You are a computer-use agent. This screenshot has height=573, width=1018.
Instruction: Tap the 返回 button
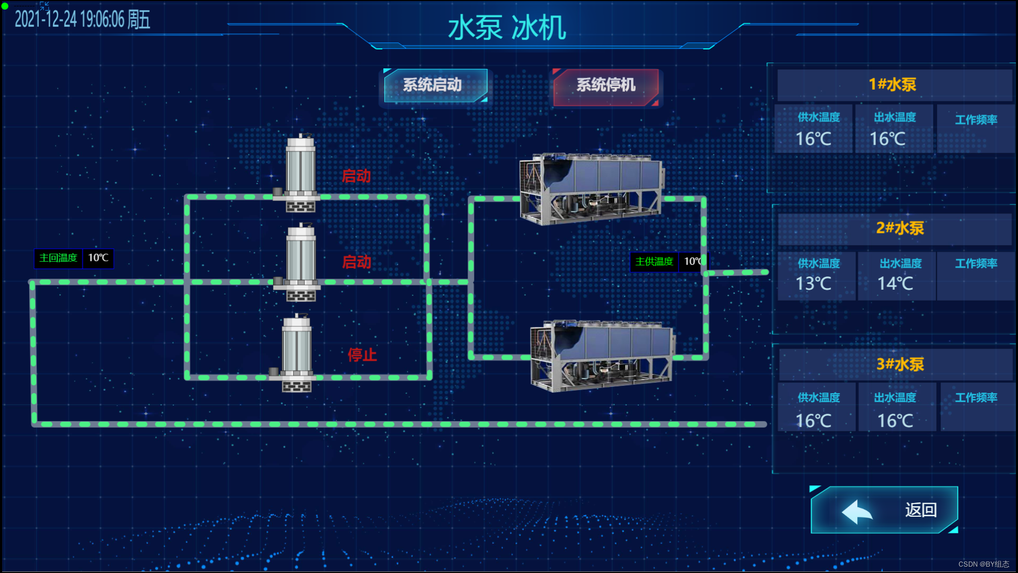pyautogui.click(x=884, y=510)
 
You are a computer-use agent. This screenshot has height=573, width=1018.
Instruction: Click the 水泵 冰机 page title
pyautogui.click(x=507, y=28)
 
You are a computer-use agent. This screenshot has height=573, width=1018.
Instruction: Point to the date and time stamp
pyautogui.click(x=82, y=20)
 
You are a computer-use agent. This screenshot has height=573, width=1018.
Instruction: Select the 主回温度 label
pyautogui.click(x=58, y=258)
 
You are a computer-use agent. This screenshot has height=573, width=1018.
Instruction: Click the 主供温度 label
pyautogui.click(x=654, y=262)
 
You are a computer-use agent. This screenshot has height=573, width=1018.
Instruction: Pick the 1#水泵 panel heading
pyautogui.click(x=892, y=84)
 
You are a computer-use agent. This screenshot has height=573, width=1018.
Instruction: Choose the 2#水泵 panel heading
pyautogui.click(x=900, y=228)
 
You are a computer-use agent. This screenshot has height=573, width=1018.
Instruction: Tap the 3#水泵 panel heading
pyautogui.click(x=900, y=364)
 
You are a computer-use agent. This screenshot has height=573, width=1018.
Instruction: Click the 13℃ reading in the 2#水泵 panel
pyautogui.click(x=813, y=283)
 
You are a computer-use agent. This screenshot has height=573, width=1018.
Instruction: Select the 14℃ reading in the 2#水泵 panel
pyautogui.click(x=895, y=283)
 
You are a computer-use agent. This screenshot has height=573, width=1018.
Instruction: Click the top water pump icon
pyautogui.click(x=300, y=172)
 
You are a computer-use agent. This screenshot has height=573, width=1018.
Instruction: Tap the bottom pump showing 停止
pyautogui.click(x=296, y=353)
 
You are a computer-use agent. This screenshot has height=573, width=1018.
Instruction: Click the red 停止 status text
pyautogui.click(x=362, y=354)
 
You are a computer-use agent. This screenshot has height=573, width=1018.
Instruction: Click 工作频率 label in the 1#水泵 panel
pyautogui.click(x=976, y=120)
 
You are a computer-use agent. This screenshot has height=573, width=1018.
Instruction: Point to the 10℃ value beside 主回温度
pyautogui.click(x=98, y=258)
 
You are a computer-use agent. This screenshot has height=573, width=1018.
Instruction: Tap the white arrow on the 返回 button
pyautogui.click(x=856, y=511)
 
